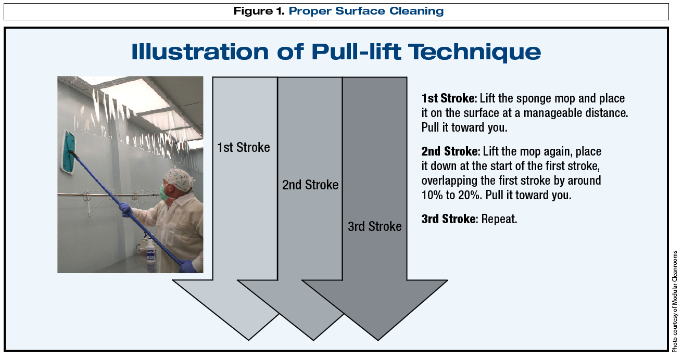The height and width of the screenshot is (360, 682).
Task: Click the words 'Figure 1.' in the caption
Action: pos(259,11)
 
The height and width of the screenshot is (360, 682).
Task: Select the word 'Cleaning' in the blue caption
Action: pos(416,11)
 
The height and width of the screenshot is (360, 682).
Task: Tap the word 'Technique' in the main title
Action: pos(474,52)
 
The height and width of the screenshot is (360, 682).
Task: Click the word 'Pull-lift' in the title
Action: pos(356,51)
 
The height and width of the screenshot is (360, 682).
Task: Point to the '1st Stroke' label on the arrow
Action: pos(243,147)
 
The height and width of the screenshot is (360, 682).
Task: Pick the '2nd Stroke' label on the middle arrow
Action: pos(310,185)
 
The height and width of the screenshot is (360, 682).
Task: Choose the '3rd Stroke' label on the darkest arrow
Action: pos(374,226)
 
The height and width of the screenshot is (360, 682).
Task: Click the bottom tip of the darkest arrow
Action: pos(378,340)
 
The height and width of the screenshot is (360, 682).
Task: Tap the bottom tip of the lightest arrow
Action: pos(248,340)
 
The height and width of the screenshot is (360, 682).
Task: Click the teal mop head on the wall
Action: pos(69,152)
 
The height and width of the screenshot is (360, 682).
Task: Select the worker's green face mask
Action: pos(165,192)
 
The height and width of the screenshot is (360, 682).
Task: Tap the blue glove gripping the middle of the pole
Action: pos(125,209)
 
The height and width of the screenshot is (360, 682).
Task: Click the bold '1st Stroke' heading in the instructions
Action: pos(448,98)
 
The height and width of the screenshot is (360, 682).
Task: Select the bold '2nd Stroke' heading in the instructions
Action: pos(450,151)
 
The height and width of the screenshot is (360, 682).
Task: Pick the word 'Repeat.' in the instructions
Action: pos(499,219)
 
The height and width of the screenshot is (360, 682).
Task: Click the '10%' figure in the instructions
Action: pos(432,195)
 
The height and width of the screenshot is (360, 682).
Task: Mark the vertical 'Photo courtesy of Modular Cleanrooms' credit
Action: pos(675,301)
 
